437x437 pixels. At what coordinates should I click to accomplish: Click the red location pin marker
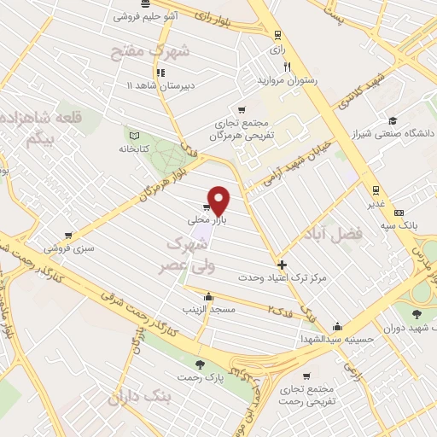tap(219, 200)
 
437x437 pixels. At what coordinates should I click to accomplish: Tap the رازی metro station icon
tap(277, 35)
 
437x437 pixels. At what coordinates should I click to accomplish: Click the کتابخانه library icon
tap(132, 135)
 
